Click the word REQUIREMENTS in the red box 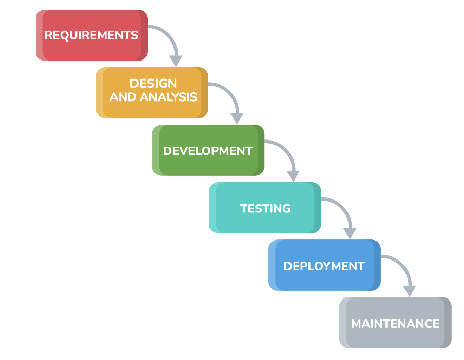click(91, 35)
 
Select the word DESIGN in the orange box click(153, 83)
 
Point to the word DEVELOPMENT click(208, 151)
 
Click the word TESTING click(265, 208)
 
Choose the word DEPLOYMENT click(324, 266)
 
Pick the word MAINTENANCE click(395, 324)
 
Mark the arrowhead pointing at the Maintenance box click(409, 290)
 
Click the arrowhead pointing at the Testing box click(293, 175)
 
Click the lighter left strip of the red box click(40, 35)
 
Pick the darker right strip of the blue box click(377, 265)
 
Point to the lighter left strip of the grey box click(343, 323)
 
